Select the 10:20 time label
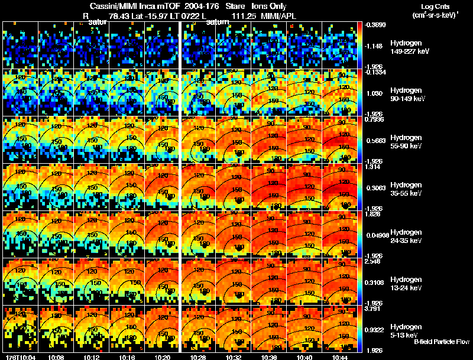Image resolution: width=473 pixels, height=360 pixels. click(x=162, y=357)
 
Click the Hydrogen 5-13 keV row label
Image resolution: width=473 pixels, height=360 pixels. click(x=404, y=330)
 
